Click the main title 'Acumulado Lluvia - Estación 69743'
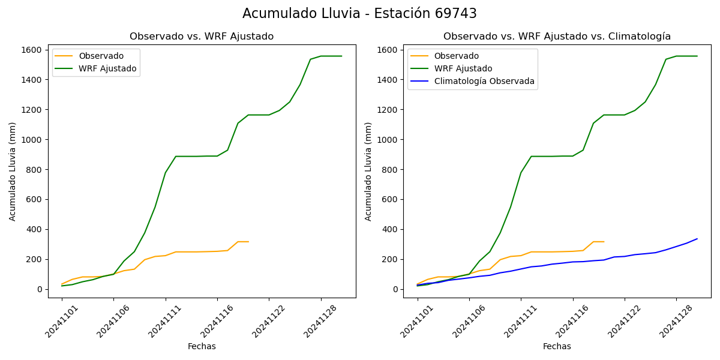(x=359, y=14)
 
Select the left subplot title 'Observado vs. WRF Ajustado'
(x=202, y=37)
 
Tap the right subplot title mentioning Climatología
(x=557, y=37)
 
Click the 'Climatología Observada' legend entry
(x=484, y=81)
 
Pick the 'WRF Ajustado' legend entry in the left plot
(x=107, y=68)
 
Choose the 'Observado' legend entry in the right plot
(x=456, y=56)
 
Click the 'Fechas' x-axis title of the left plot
(x=202, y=346)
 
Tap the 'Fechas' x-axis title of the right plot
(x=557, y=346)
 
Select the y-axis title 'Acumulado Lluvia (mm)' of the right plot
(x=368, y=171)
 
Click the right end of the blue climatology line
(x=697, y=239)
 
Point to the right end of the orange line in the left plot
(x=248, y=242)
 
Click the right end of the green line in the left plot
(x=341, y=56)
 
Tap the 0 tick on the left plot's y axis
(x=39, y=289)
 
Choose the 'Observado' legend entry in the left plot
(x=101, y=56)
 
